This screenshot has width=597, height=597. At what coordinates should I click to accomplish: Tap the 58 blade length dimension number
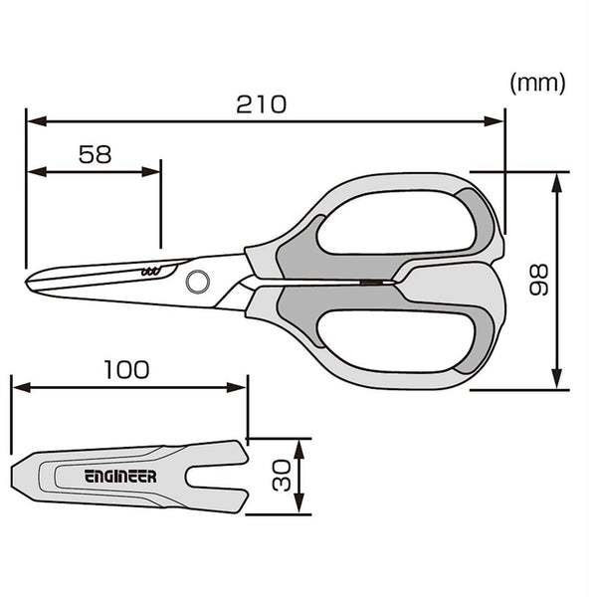[x=95, y=154]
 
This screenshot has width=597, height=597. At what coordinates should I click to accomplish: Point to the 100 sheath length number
[x=126, y=370]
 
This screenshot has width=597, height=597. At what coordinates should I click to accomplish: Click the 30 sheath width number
[x=283, y=476]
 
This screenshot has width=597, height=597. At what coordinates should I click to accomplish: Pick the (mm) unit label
[x=537, y=84]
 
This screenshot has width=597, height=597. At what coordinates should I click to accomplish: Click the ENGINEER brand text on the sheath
[x=119, y=477]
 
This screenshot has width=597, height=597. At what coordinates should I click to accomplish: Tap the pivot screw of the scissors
[x=198, y=282]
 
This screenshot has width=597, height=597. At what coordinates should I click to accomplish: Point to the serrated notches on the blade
[x=149, y=271]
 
